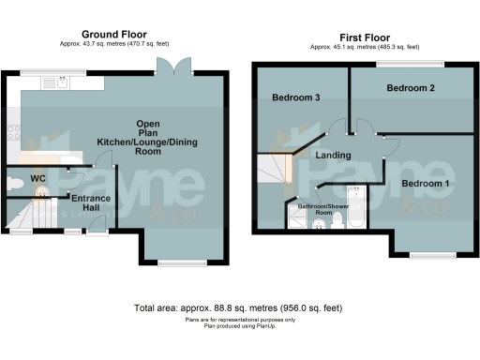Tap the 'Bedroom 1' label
425,183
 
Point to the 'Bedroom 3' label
297,97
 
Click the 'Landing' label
333,156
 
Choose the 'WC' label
37,177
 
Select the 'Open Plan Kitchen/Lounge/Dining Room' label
147,141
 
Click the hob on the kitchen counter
10,132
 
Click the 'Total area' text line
239,307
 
